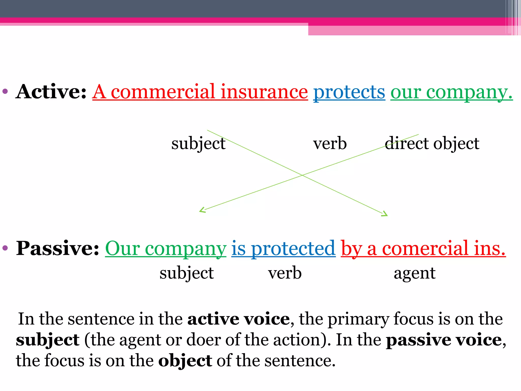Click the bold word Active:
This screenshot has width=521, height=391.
pos(51,92)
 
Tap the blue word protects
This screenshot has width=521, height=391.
pos(349,92)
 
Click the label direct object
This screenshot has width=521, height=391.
pos(432,143)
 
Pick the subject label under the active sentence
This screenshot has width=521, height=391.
pos(198,144)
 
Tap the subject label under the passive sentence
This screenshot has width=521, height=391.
pos(186,273)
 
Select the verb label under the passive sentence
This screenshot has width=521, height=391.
pos(285,273)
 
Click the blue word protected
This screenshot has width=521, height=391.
pos(293,249)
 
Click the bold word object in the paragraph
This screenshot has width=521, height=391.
pos(185,361)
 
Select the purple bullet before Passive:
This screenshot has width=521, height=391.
pos(5,247)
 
